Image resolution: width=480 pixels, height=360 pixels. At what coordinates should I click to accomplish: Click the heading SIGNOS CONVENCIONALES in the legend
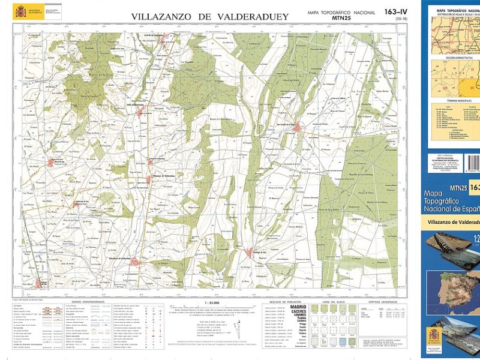pos(88,301)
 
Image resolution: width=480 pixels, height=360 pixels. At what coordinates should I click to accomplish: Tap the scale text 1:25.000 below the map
pos(212,301)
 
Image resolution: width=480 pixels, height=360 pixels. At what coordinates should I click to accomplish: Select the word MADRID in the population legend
pos(298,307)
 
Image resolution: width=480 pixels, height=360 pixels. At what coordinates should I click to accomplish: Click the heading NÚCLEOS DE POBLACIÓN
pos(284,301)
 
